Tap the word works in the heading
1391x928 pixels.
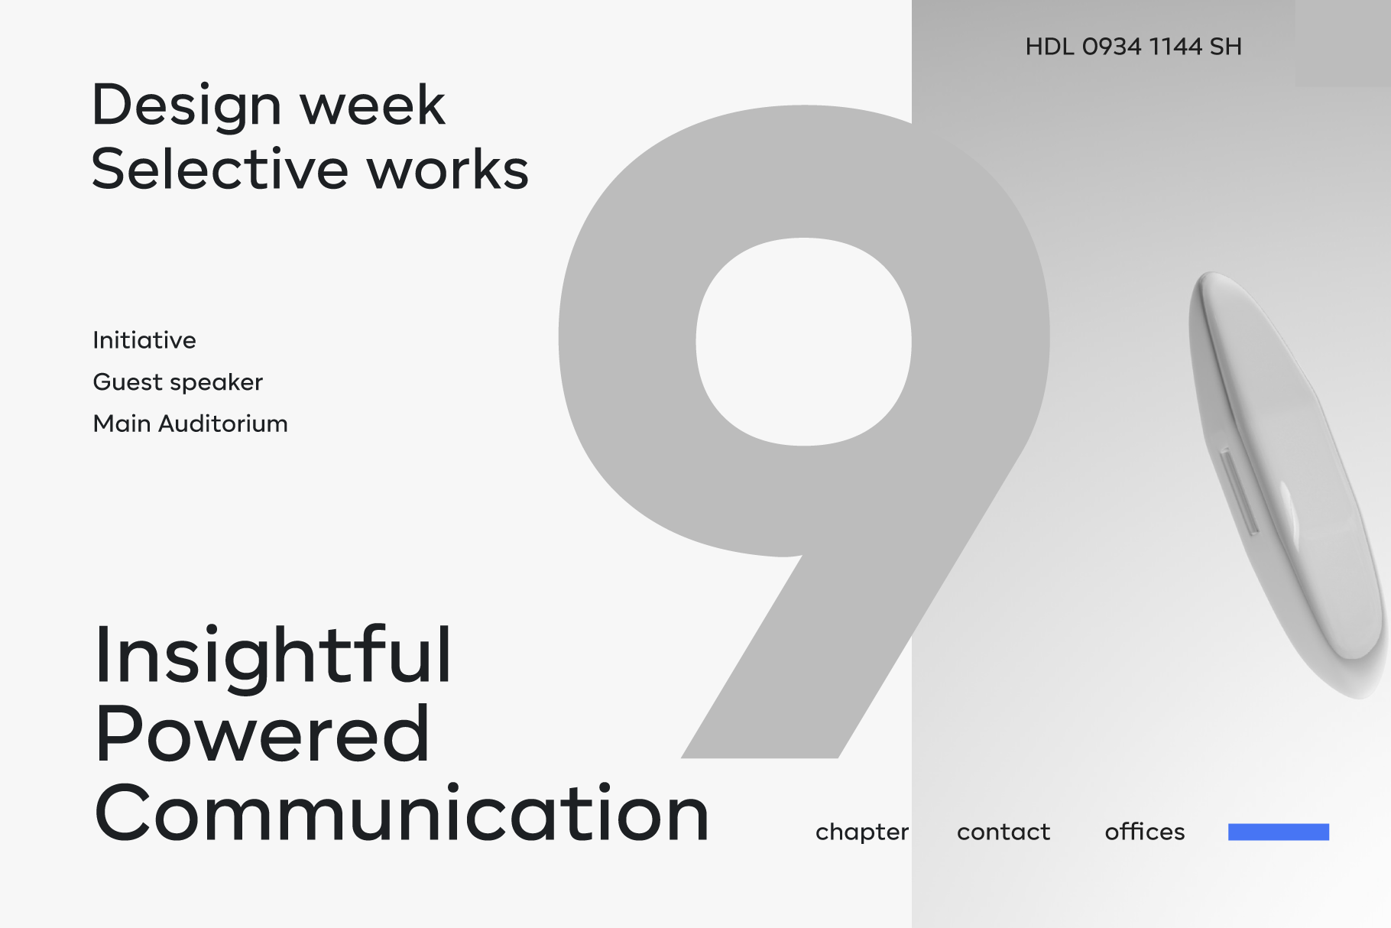click(449, 168)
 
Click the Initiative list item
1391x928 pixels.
click(144, 340)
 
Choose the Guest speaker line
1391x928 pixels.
click(178, 382)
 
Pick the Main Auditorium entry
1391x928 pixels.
click(190, 423)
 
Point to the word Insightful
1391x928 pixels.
click(273, 654)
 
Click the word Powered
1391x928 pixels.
click(262, 734)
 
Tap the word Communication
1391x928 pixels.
click(403, 813)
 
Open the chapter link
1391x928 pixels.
click(862, 832)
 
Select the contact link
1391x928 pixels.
click(1004, 832)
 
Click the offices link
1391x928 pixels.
click(1145, 831)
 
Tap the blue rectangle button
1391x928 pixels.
click(1279, 832)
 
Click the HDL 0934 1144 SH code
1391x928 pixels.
click(1133, 47)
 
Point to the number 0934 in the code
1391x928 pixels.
click(1112, 47)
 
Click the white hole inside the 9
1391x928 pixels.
click(803, 342)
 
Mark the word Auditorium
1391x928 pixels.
click(223, 423)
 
